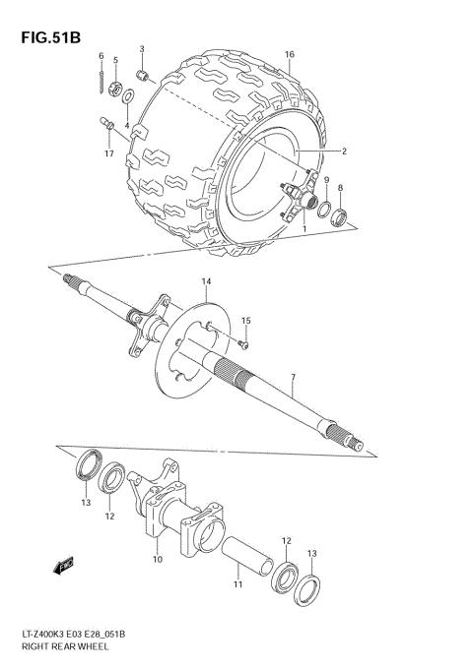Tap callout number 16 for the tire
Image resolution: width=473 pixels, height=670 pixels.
pos(290,55)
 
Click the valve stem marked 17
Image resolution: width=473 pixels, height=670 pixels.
pos(107,124)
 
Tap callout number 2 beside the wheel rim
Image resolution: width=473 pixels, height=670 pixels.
pos(344,152)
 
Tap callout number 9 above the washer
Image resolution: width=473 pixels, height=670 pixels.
pos(325,180)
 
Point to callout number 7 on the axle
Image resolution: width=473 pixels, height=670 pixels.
pos(293,378)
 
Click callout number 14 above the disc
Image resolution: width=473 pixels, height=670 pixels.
pos(207,282)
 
